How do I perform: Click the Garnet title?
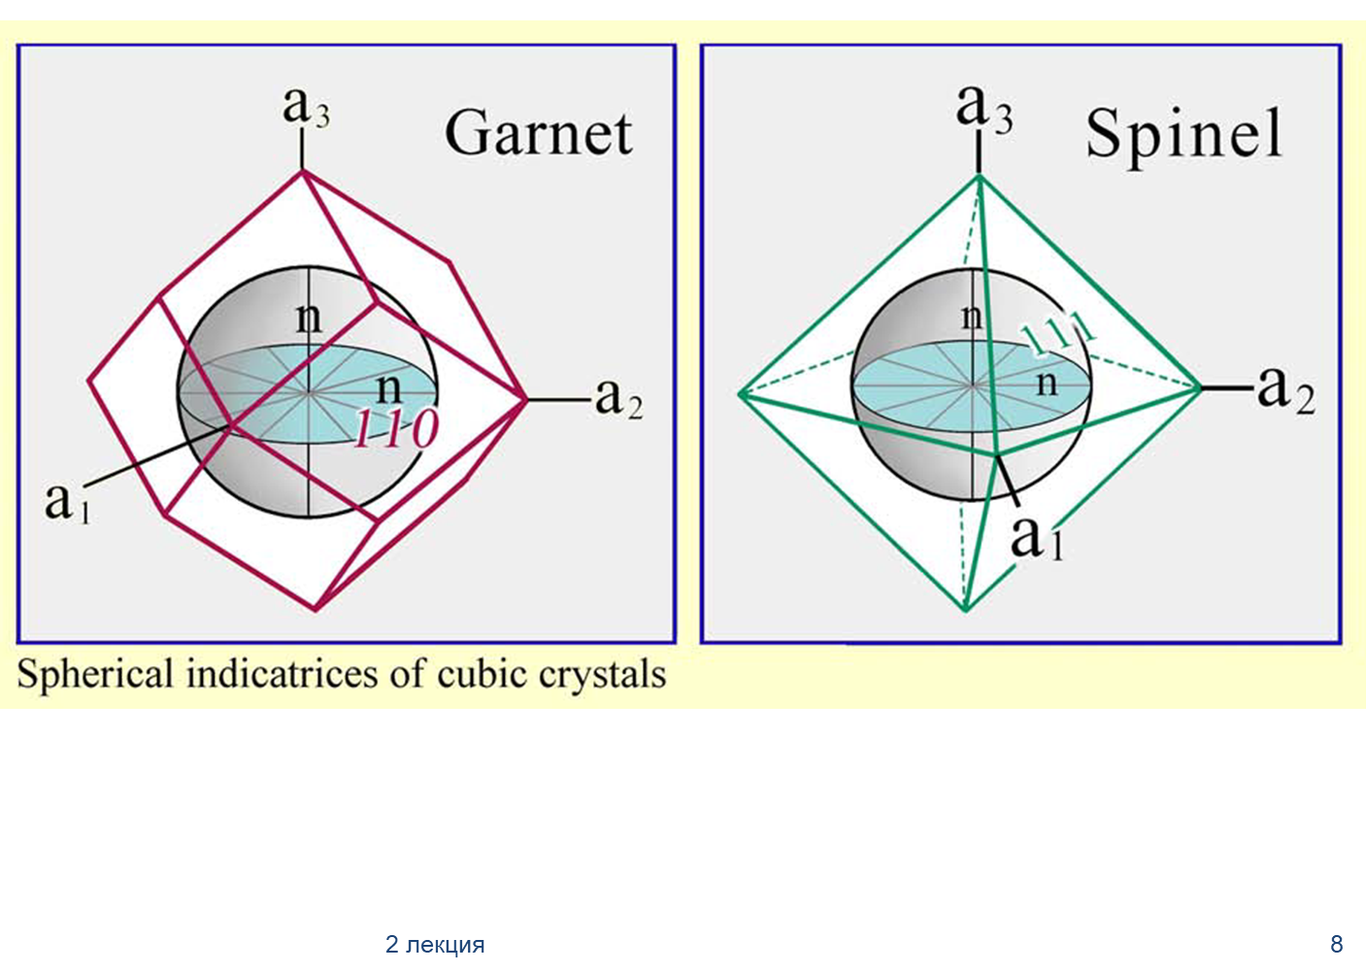point(539,133)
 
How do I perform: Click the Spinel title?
point(1183,138)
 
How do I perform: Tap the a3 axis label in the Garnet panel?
point(306,108)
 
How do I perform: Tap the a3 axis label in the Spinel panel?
point(984,109)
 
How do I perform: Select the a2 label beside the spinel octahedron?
point(1286,390)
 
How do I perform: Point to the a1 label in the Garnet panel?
point(67,503)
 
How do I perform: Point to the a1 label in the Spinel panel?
point(1037,539)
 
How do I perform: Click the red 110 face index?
point(396,429)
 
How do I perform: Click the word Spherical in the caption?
point(95,677)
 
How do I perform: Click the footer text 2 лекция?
point(435,945)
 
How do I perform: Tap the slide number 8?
point(1337,944)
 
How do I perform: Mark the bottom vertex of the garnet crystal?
point(316,609)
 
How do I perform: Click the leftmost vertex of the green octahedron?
point(740,394)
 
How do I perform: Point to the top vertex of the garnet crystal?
point(302,172)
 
